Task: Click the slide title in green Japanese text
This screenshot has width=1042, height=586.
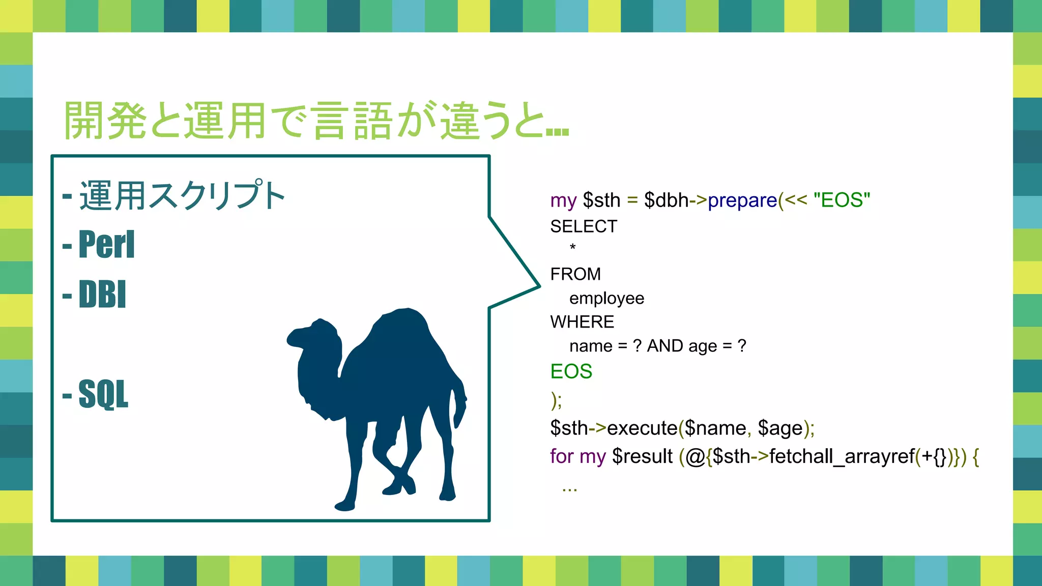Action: pos(315,121)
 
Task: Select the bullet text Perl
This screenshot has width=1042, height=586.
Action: pos(106,245)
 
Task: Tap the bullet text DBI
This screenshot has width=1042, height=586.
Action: pos(102,295)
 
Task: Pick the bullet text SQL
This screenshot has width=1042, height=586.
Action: pos(103,394)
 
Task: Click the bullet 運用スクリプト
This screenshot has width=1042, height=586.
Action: pos(182,196)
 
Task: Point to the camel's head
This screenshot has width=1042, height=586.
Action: pos(313,336)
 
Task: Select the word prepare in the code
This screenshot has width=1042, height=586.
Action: pos(742,200)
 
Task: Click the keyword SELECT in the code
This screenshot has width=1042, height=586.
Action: pos(584,226)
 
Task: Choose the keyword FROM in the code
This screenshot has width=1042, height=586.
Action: pos(575,274)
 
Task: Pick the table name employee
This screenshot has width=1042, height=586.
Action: pos(606,298)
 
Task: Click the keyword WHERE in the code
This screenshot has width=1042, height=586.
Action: pos(582,322)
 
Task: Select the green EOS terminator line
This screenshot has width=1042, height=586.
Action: pos(571,371)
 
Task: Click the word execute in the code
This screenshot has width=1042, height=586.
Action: pos(642,428)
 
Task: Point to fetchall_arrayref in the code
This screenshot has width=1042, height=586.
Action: pos(842,456)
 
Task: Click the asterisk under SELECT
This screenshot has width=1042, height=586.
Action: pos(573,248)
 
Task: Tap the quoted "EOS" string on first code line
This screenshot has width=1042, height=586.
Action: pos(842,200)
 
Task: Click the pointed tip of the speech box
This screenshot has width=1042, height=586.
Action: pos(538,286)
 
